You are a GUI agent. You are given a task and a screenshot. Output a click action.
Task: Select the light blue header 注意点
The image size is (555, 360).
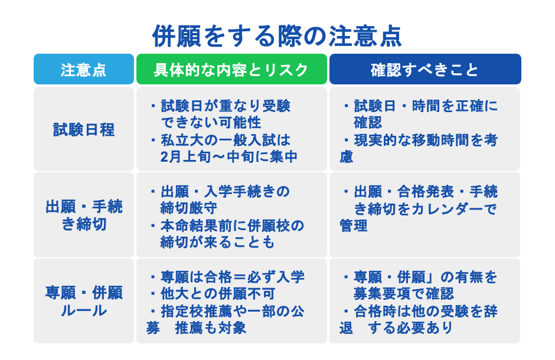click(83, 70)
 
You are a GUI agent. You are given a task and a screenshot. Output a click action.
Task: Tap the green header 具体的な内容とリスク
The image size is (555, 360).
click(231, 70)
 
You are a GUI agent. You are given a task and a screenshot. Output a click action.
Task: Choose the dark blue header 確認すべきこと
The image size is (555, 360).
click(425, 70)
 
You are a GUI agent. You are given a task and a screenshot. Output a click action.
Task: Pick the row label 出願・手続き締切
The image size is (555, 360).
click(83, 215)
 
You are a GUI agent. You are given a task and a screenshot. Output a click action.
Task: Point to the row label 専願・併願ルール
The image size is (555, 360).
click(83, 301)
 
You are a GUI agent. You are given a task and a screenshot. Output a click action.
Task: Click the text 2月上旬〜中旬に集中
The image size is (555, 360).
click(228, 156)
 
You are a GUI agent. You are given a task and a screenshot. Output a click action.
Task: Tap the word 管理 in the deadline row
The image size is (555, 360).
click(354, 226)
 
